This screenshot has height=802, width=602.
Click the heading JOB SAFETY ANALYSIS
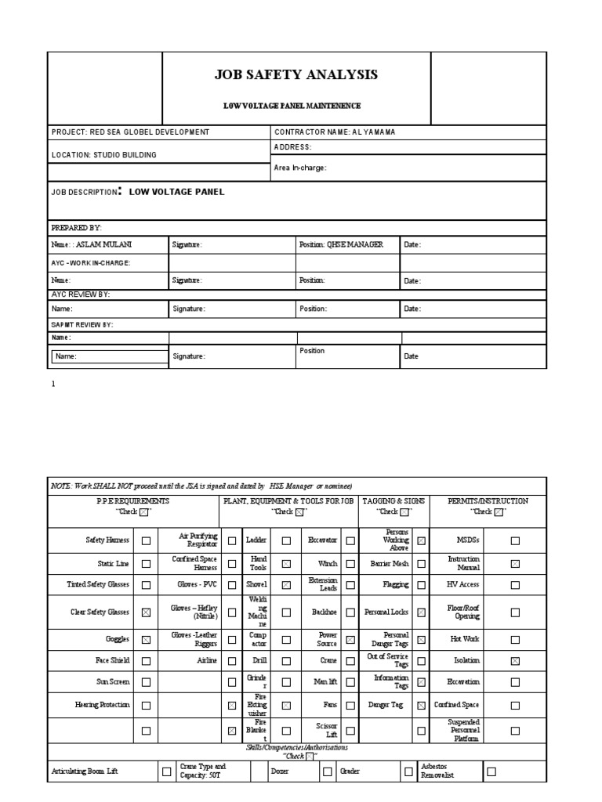click(296, 75)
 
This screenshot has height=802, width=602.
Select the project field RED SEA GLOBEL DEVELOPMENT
click(130, 132)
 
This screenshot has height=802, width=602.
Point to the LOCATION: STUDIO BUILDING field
click(104, 155)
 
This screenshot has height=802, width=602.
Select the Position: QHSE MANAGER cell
click(341, 245)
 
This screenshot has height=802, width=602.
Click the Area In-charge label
click(300, 168)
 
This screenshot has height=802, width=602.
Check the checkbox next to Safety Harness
click(146, 540)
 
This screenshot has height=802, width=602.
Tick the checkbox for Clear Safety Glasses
click(146, 612)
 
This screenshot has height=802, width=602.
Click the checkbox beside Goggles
click(146, 640)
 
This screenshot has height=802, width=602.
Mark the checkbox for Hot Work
click(514, 640)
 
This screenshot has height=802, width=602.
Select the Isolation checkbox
click(514, 661)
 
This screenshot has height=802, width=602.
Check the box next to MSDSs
click(514, 540)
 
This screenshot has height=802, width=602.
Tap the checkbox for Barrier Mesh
click(422, 563)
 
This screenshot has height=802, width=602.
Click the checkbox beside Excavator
click(350, 540)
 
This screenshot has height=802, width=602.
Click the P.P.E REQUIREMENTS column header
click(132, 500)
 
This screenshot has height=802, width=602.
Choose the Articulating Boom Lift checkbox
click(166, 771)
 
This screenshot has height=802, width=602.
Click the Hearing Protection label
click(103, 705)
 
